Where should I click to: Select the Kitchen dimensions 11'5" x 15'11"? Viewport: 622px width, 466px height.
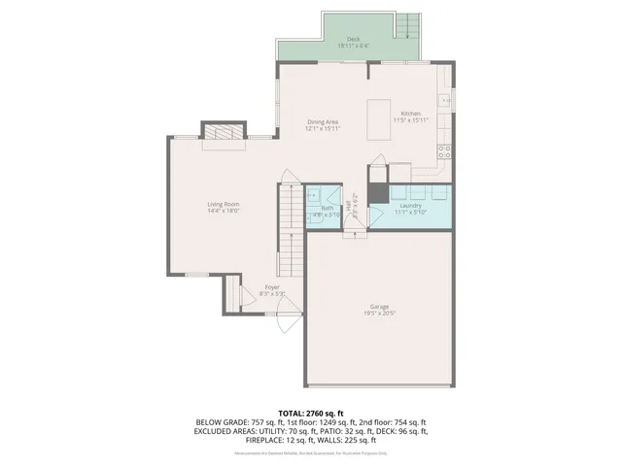[x=411, y=119]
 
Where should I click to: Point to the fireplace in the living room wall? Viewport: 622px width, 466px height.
[x=224, y=133]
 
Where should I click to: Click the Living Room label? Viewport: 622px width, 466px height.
[x=223, y=204]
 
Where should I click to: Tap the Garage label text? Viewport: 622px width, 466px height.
[x=379, y=307]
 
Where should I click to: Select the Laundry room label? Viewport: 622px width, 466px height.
[x=408, y=206]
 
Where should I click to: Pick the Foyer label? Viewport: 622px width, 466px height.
[x=273, y=286]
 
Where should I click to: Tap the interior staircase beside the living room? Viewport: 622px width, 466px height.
[x=290, y=228]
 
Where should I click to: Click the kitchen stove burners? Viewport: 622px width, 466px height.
[x=444, y=150]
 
